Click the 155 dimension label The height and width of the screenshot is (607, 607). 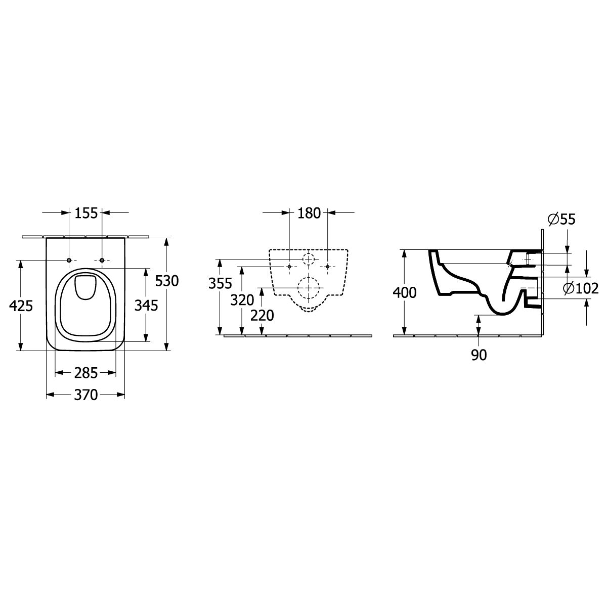(x=86, y=213)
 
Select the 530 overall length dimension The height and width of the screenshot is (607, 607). (x=167, y=281)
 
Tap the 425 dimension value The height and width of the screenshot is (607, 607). (x=21, y=306)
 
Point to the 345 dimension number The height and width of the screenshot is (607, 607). (x=146, y=305)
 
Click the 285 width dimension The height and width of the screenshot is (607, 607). (x=86, y=373)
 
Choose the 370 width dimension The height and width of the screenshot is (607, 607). (x=86, y=395)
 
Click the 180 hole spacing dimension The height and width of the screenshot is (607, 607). (x=309, y=213)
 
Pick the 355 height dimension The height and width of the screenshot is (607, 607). (x=220, y=283)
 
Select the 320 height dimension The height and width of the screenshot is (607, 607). (x=242, y=300)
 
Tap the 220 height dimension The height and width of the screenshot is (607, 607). (x=262, y=315)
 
